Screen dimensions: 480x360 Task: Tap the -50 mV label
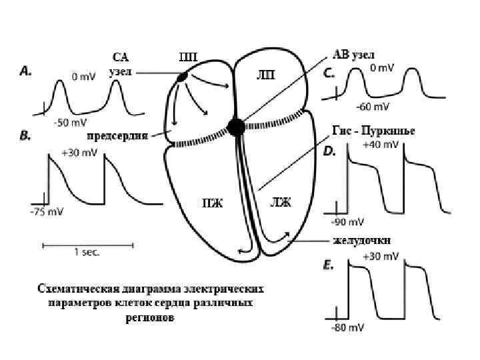pos(69,123)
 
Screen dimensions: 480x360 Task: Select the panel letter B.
pos(26,137)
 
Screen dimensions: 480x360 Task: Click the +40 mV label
pos(377,144)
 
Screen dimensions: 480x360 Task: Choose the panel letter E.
pos(328,265)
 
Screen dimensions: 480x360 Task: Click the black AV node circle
pos(235,127)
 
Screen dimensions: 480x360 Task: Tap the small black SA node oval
pos(181,79)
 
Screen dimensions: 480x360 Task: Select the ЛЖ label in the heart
pos(280,202)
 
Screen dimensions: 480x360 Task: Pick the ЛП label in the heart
pos(266,73)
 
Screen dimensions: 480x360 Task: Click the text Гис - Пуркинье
pos(373,131)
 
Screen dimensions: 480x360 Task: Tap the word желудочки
pos(361,240)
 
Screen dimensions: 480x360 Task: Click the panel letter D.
pos(329,153)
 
